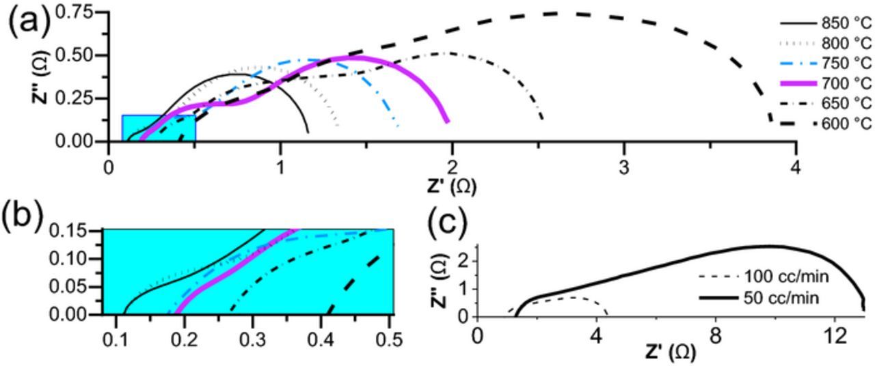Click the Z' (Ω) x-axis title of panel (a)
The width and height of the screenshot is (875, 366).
451,184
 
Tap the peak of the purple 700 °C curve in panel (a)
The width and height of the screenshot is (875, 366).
355,57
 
